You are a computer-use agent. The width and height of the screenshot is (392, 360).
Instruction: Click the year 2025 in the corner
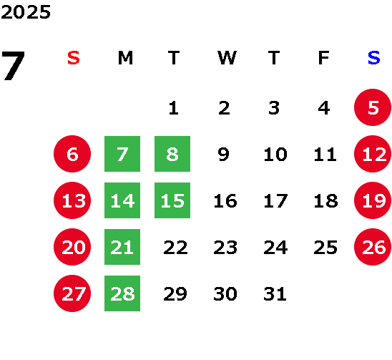click(x=26, y=12)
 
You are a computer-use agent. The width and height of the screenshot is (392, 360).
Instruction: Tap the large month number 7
click(x=13, y=66)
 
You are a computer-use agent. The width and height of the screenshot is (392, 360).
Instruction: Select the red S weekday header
click(x=74, y=58)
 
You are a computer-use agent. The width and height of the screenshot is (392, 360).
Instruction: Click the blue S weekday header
click(x=373, y=58)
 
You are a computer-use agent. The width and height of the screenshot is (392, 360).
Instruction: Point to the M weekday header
click(x=125, y=58)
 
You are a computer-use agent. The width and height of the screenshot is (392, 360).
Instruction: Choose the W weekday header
click(x=227, y=58)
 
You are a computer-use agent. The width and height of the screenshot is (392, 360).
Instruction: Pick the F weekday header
click(x=324, y=58)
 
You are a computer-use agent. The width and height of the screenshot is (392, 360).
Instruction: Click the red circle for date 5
click(x=373, y=107)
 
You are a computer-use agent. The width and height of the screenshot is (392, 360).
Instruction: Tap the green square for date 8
click(x=172, y=154)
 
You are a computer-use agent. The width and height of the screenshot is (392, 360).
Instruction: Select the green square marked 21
click(x=122, y=247)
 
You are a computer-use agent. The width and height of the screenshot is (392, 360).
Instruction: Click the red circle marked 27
click(x=72, y=293)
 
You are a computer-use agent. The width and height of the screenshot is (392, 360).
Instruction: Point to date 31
click(x=275, y=293)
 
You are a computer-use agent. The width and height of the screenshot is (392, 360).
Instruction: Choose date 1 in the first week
click(x=174, y=108)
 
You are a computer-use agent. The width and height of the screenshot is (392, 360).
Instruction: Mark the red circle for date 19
click(x=373, y=200)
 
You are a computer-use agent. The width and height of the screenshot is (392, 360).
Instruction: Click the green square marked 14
click(x=122, y=200)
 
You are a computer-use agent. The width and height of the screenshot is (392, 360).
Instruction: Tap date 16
click(x=225, y=200)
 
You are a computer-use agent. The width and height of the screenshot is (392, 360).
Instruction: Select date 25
click(x=325, y=247)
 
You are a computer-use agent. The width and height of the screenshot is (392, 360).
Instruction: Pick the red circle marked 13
click(x=72, y=200)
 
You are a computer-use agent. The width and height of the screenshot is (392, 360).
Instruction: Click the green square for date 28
click(x=122, y=293)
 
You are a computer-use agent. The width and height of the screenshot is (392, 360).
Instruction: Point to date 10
click(x=275, y=154)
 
